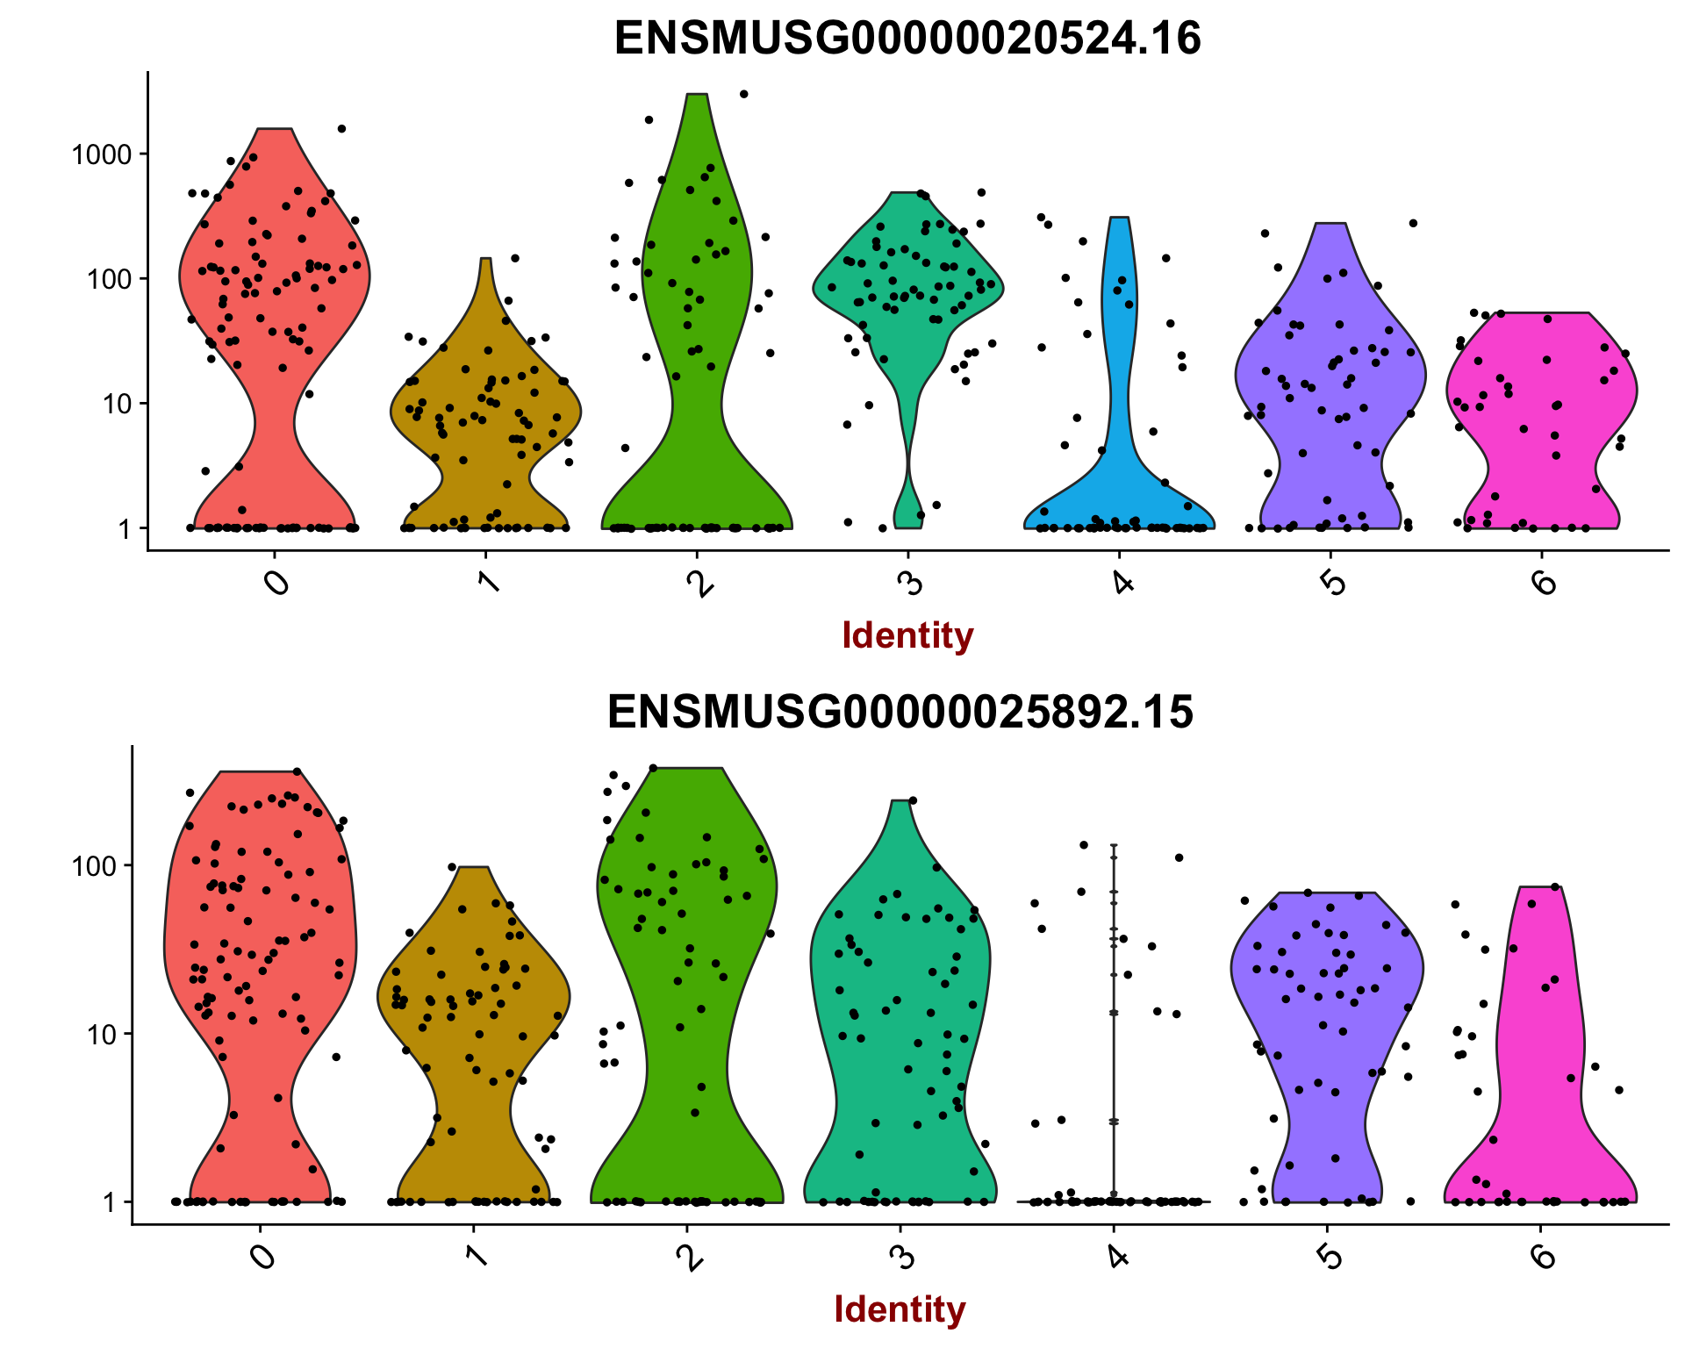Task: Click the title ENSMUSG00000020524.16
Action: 907,39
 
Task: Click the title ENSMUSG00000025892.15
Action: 900,712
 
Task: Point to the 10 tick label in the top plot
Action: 116,405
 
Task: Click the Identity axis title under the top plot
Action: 907,635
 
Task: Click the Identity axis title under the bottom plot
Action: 900,1309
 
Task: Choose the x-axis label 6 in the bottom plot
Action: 1542,1257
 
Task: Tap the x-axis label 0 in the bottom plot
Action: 261,1257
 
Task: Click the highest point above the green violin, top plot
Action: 743,94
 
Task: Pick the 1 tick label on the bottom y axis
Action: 109,1202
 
